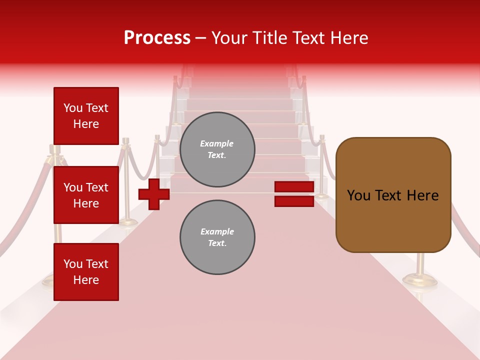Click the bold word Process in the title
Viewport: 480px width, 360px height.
(157, 38)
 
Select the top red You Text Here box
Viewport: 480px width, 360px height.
(86, 116)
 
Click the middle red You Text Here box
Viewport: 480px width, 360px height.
(86, 195)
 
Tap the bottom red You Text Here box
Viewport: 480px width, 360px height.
(86, 272)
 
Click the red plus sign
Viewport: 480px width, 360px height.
(154, 194)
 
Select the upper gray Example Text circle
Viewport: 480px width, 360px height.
(217, 149)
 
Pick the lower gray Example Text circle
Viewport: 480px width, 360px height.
(217, 237)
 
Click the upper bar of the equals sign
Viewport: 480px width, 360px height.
(294, 187)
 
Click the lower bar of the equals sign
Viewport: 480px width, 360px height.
(294, 201)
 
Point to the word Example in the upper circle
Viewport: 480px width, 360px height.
(217, 143)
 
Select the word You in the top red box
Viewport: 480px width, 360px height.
(72, 108)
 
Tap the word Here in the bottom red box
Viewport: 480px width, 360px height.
(86, 280)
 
